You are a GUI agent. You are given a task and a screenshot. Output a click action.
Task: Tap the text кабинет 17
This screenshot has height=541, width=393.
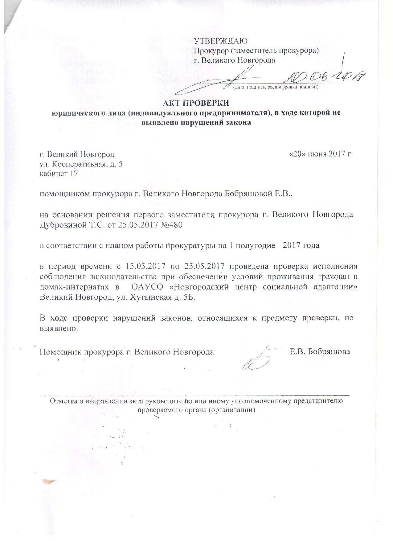[x=59, y=174]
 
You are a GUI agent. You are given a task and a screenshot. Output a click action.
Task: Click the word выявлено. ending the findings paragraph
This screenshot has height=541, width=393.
[x=58, y=328]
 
